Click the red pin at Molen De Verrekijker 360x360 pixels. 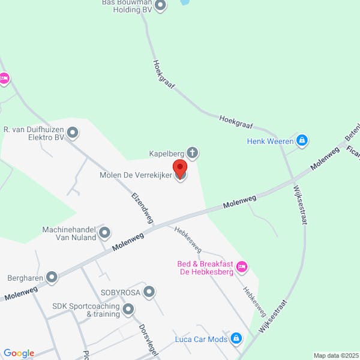(179, 167)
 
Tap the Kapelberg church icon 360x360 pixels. (193, 153)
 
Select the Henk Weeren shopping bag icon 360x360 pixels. (302, 141)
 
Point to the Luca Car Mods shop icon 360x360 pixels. (236, 339)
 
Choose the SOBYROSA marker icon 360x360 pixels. (149, 292)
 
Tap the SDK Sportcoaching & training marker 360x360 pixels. (128, 310)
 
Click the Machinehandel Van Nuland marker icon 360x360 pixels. (104, 232)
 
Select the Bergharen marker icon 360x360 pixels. (52, 277)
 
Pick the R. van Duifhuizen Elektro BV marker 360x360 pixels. (73, 132)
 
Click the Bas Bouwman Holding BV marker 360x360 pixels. (160, 6)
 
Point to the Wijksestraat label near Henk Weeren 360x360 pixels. (299, 205)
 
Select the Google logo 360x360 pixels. (19, 353)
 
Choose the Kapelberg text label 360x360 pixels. (166, 154)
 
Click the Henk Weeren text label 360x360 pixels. (270, 142)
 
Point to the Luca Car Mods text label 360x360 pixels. (201, 340)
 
